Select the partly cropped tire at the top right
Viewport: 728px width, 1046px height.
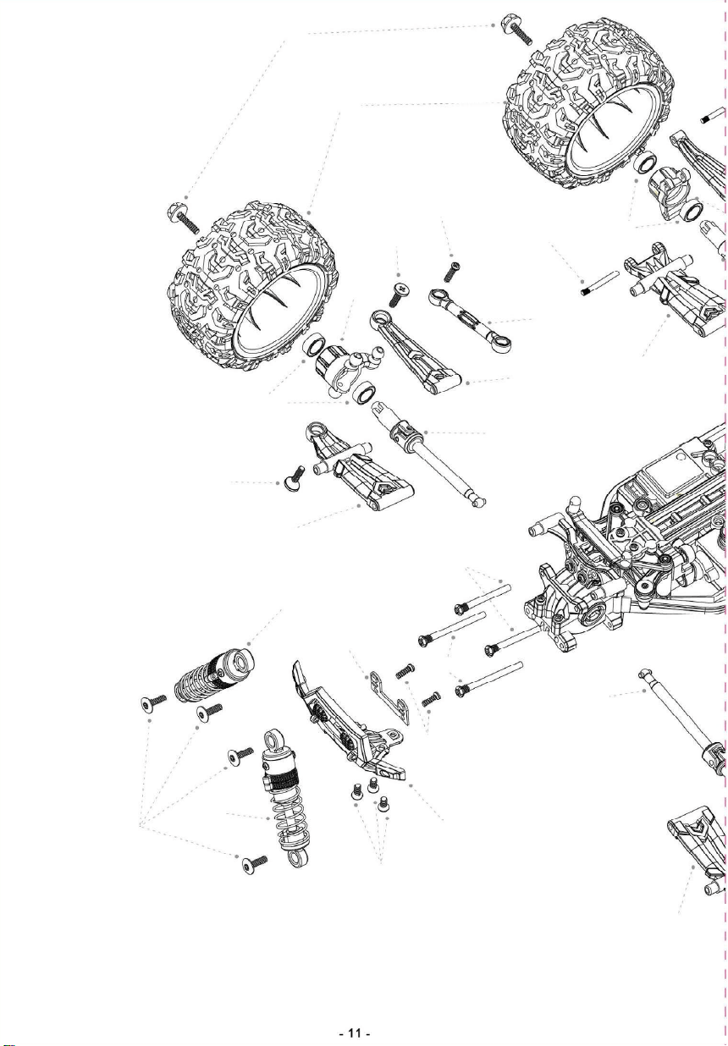pyautogui.click(x=588, y=101)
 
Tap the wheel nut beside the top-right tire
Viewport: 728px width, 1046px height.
pyautogui.click(x=516, y=29)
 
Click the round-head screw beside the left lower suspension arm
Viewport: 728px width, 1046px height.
pyautogui.click(x=294, y=478)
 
